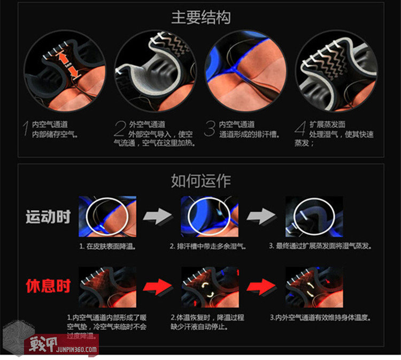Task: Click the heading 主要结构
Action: [200, 18]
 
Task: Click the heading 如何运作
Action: [200, 180]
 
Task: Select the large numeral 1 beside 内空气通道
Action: [25, 129]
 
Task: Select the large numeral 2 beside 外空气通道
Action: [120, 129]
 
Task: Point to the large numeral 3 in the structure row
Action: [210, 129]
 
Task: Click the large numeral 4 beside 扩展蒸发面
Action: [301, 129]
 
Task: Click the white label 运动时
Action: [48, 217]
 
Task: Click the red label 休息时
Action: [48, 286]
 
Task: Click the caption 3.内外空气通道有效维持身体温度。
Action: [320, 317]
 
